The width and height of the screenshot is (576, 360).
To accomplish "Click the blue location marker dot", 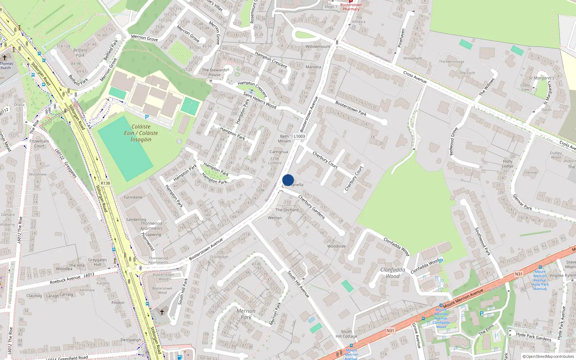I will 288,180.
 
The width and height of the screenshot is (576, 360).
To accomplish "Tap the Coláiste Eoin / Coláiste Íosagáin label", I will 141,133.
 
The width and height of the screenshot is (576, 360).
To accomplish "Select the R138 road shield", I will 105,183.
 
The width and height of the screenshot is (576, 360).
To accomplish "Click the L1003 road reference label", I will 299,136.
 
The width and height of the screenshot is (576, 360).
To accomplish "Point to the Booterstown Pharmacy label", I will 351,7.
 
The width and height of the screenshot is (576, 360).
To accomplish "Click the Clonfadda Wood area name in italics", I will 392,273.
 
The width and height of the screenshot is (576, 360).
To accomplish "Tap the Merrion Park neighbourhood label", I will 246,314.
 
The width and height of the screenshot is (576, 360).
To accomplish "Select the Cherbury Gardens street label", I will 311,207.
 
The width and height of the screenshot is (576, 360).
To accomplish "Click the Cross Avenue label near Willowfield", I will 415,77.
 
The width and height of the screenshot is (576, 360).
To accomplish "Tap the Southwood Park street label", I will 482,241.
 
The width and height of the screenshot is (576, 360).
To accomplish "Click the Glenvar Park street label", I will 522,202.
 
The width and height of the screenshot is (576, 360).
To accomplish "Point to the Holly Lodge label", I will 508,164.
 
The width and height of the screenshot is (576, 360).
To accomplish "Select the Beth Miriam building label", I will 284,139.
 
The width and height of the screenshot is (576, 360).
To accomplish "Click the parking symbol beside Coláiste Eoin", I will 147,117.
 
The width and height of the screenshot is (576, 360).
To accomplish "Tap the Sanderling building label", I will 136,220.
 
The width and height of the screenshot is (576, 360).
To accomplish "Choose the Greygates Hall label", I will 97,262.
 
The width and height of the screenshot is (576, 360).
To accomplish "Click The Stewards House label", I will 215,72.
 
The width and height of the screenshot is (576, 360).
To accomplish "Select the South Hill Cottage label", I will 346,334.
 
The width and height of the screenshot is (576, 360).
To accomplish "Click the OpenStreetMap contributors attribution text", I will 548,356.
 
